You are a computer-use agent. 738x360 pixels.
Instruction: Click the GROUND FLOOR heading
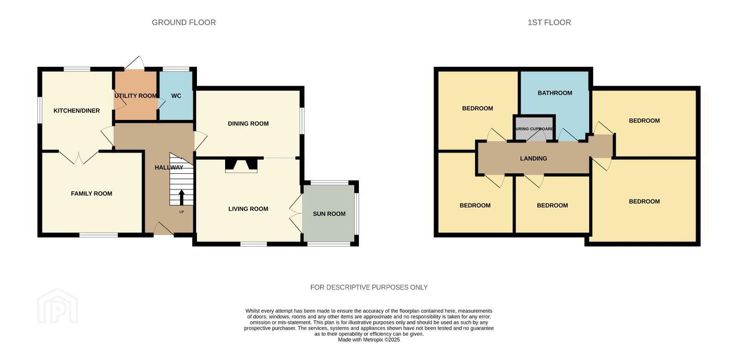click(x=184, y=23)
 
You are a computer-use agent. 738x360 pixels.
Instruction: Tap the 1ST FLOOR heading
click(x=549, y=23)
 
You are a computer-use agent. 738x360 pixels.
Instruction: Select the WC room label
click(x=176, y=96)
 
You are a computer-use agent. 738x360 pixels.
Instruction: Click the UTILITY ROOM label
click(x=136, y=96)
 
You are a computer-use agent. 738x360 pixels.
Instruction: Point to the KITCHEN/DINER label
click(x=77, y=111)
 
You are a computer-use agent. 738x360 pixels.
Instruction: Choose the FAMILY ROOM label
click(x=92, y=194)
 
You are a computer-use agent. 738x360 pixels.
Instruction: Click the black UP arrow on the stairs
click(x=182, y=197)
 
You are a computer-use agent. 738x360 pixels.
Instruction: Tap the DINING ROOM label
click(x=248, y=124)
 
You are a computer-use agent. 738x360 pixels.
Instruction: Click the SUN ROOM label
click(x=329, y=214)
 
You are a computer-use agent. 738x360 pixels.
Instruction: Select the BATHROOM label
click(x=555, y=93)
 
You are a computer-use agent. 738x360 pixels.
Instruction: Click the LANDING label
click(x=533, y=159)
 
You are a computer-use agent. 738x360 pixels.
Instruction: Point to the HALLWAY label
click(x=169, y=168)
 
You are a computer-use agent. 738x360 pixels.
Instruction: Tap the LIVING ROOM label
click(x=248, y=209)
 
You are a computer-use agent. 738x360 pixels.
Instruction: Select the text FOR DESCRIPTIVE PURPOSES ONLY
click(x=369, y=287)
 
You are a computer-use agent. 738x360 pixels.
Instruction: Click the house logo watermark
click(x=58, y=306)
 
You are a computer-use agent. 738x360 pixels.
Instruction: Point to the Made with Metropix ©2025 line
click(x=369, y=340)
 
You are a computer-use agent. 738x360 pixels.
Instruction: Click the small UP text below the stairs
click(x=182, y=212)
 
